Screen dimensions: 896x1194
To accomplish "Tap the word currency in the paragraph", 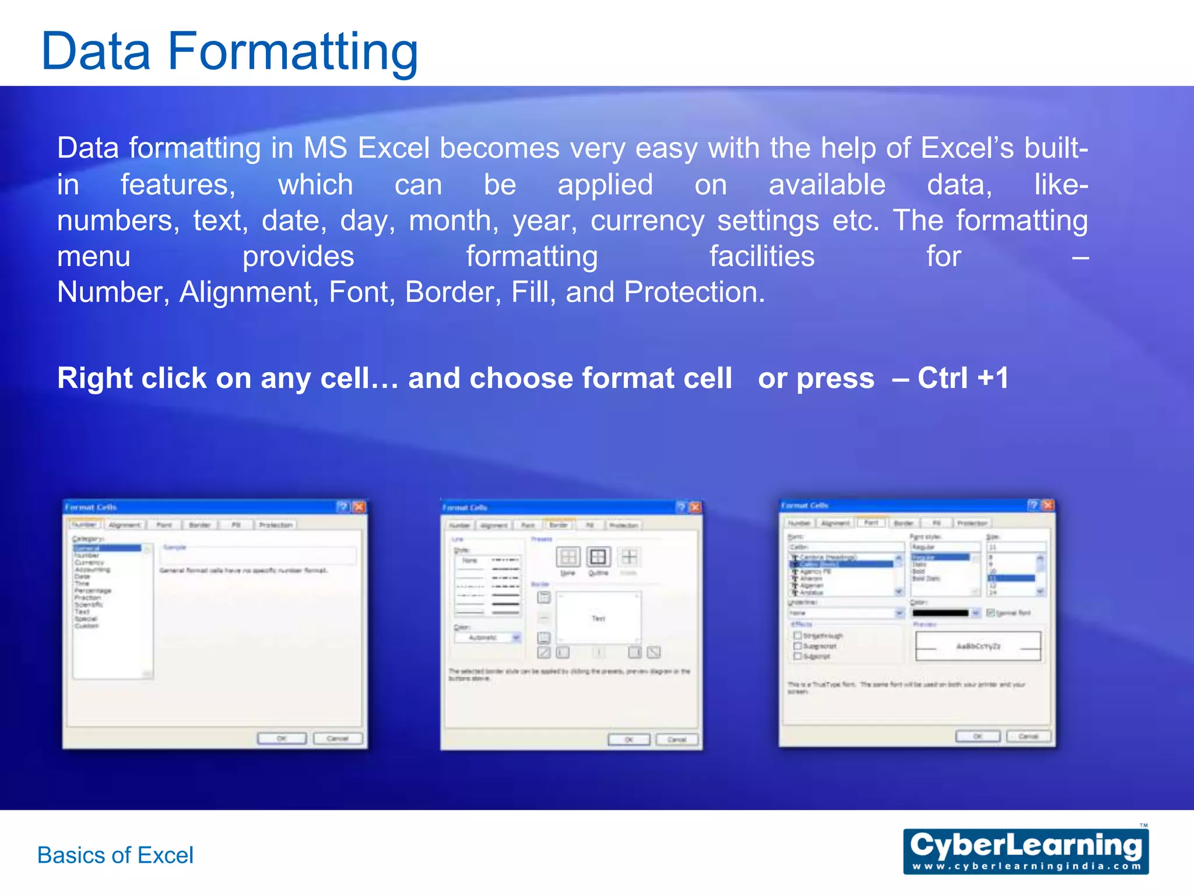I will pyautogui.click(x=647, y=221).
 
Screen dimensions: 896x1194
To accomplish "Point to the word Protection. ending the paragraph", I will pyautogui.click(x=694, y=292).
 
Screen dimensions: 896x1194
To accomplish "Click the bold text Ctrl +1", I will pyautogui.click(x=963, y=378).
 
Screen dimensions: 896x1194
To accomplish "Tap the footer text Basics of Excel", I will pyautogui.click(x=115, y=855).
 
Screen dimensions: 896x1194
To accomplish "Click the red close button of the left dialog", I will pyautogui.click(x=359, y=507).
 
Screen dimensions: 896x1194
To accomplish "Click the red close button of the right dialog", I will pyautogui.click(x=1048, y=505).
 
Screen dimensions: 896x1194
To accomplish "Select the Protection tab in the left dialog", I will pyautogui.click(x=275, y=525).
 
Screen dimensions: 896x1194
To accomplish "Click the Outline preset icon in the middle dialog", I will pyautogui.click(x=598, y=557).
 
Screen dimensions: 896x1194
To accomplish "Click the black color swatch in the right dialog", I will pyautogui.click(x=940, y=613).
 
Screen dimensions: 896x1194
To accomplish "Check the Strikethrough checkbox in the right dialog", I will pyautogui.click(x=798, y=635).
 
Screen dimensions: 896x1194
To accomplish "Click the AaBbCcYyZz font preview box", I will pyautogui.click(x=978, y=646).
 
